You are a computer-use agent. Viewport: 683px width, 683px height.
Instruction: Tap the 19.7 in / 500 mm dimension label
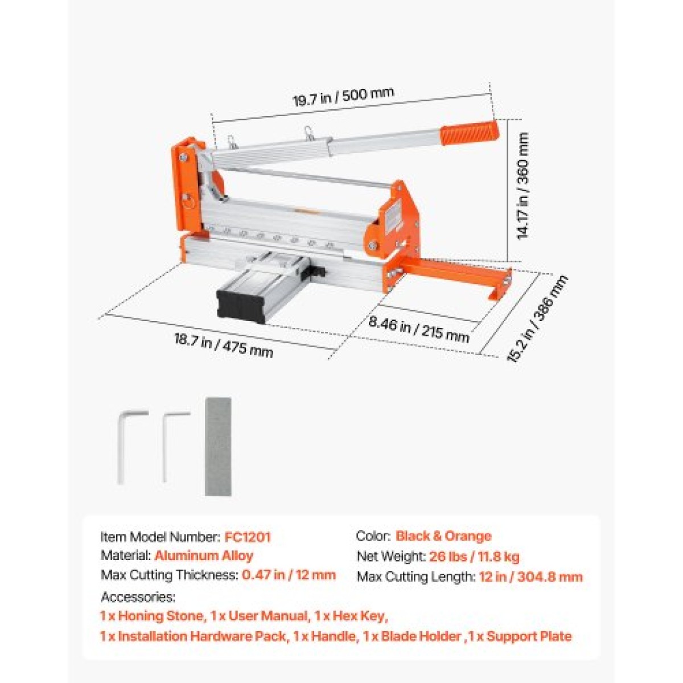[343, 96]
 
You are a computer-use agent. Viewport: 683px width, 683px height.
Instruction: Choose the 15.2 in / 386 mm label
[537, 318]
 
